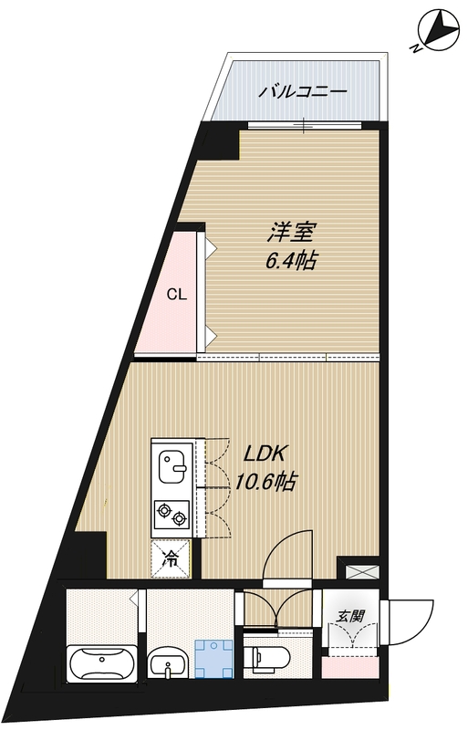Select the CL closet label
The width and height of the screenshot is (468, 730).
click(x=177, y=295)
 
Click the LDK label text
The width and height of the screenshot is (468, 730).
click(x=265, y=454)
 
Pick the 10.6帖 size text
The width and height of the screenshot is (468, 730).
click(x=266, y=481)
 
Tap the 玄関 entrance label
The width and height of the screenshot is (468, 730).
click(x=350, y=616)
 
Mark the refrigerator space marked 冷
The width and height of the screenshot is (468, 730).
click(x=171, y=558)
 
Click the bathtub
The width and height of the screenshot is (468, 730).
click(x=102, y=661)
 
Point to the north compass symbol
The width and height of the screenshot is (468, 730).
click(x=435, y=31)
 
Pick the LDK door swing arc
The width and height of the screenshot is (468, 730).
click(x=285, y=554)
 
